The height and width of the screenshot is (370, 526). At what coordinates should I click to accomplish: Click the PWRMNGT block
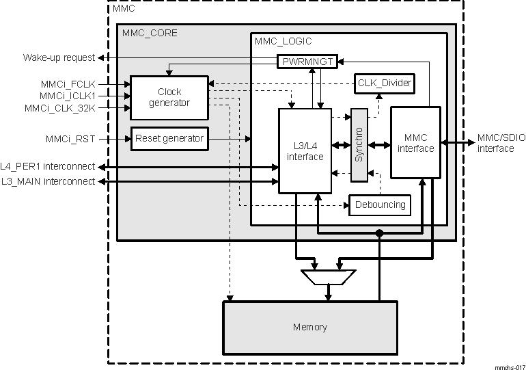pyautogui.click(x=307, y=62)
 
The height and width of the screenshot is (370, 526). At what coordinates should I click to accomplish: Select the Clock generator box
pyautogui.click(x=169, y=97)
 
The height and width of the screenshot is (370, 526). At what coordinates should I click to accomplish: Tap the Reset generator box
pyautogui.click(x=169, y=139)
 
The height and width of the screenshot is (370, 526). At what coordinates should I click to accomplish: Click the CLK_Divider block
pyautogui.click(x=385, y=83)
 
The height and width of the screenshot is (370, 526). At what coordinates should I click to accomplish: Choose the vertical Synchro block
pyautogui.click(x=359, y=145)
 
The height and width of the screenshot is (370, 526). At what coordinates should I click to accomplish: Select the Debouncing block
pyautogui.click(x=380, y=204)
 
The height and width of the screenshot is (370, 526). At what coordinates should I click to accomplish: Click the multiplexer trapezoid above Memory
pyautogui.click(x=328, y=277)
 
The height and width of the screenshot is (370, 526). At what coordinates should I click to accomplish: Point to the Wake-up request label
pyautogui.click(x=59, y=57)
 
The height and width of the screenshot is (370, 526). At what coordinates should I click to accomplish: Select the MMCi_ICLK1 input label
pyautogui.click(x=77, y=96)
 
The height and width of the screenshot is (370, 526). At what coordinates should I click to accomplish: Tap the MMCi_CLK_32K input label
pyautogui.click(x=69, y=107)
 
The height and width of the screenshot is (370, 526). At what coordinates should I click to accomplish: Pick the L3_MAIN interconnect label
pyautogui.click(x=48, y=181)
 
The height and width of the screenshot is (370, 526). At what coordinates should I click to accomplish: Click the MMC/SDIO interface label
pyautogui.click(x=501, y=143)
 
